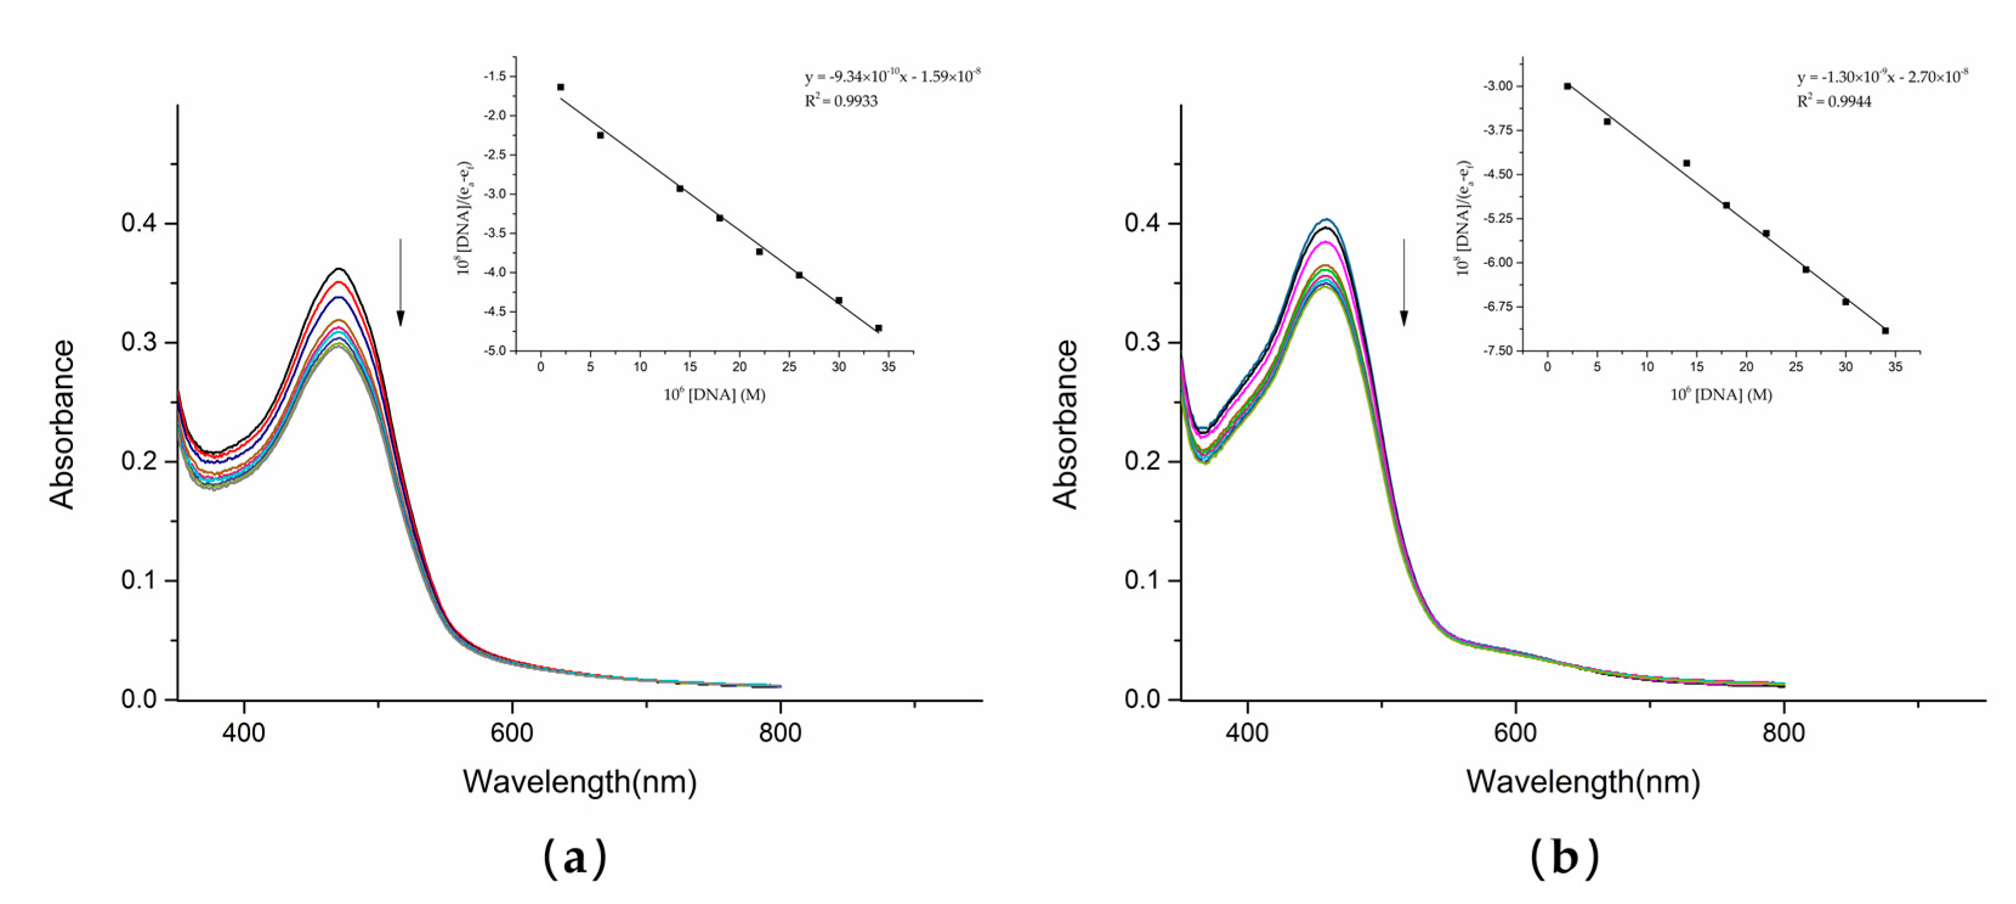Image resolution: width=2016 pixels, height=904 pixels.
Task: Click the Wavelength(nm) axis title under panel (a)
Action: (579, 781)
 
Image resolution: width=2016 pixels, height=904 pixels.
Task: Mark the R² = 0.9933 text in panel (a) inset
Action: (841, 101)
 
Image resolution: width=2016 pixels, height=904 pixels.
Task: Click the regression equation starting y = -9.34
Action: (892, 76)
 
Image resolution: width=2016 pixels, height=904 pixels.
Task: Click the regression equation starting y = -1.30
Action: (1881, 76)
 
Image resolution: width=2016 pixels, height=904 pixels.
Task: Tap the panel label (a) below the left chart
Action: (575, 858)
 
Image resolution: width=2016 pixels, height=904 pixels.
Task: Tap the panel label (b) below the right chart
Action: (1564, 858)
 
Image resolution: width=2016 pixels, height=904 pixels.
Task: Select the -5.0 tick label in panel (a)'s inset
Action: (495, 352)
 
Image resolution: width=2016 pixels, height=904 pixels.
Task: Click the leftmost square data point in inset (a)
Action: (560, 87)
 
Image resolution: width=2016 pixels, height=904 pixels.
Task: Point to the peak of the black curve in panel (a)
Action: (340, 268)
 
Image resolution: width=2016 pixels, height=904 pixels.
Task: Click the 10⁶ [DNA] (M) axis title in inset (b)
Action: (1721, 395)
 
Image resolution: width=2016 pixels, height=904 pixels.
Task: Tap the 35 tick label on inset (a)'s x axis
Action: (888, 368)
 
